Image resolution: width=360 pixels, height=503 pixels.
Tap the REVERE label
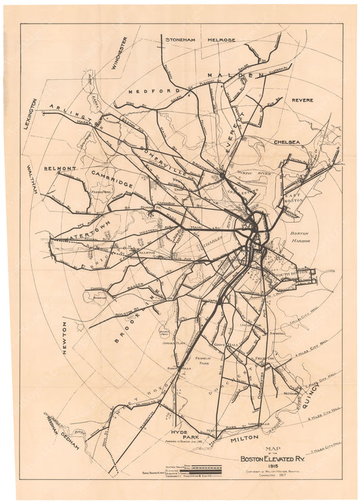coord(302,100)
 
